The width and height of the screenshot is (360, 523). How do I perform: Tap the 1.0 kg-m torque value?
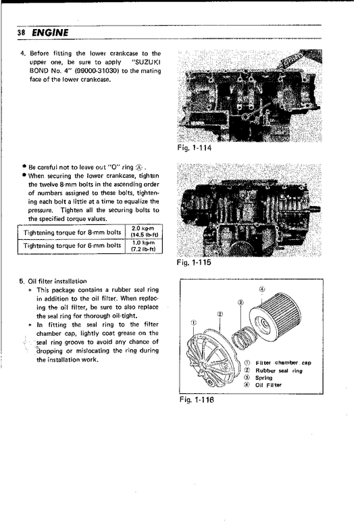tap(143, 242)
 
